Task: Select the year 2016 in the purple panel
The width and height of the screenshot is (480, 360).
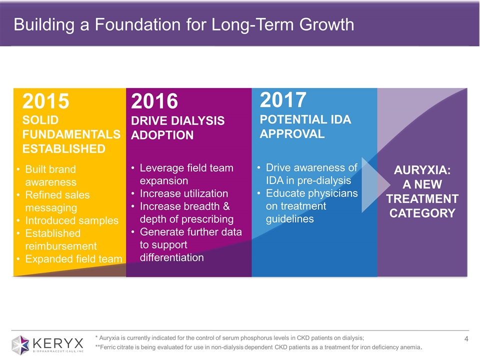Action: coord(154,101)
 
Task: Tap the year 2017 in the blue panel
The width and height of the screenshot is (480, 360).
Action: coord(283,100)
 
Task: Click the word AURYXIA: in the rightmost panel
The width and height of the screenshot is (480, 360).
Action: coord(422,170)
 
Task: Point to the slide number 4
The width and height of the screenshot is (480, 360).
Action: coord(466,340)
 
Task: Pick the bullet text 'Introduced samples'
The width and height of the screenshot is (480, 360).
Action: coord(72,220)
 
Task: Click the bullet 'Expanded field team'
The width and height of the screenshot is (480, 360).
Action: coord(73,258)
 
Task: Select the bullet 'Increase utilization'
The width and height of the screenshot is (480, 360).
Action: coord(184,193)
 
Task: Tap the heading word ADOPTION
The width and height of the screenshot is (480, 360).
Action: coord(162,135)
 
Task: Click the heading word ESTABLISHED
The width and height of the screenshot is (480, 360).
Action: coord(64,148)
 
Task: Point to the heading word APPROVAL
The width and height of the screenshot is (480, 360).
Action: coord(292,133)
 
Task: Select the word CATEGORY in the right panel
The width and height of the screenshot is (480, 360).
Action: coord(422,213)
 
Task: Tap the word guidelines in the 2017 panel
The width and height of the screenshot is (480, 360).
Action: coord(290,219)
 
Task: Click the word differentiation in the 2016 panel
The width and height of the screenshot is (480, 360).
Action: coord(172,257)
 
